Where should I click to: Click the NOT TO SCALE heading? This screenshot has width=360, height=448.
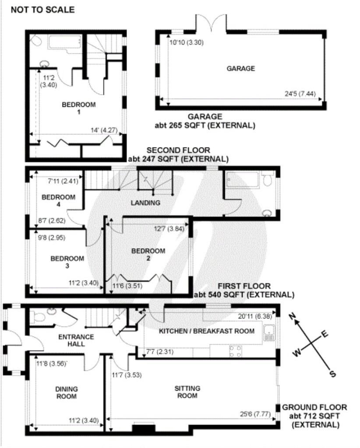[42, 10]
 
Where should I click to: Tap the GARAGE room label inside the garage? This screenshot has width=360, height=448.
[240, 68]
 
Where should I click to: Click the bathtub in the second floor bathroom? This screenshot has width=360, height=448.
[66, 42]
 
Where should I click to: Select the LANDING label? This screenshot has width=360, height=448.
[145, 203]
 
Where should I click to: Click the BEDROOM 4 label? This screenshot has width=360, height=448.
[58, 201]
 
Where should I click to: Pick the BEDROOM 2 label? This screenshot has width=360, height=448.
[148, 255]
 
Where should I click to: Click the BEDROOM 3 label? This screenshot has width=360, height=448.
[67, 262]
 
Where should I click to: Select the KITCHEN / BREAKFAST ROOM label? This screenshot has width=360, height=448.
[206, 331]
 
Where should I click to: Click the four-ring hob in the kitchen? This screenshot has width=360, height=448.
[236, 350]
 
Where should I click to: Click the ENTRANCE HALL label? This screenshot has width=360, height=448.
[76, 340]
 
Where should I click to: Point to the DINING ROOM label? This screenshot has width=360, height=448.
[67, 393]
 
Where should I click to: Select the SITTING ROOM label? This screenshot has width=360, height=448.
[187, 392]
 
